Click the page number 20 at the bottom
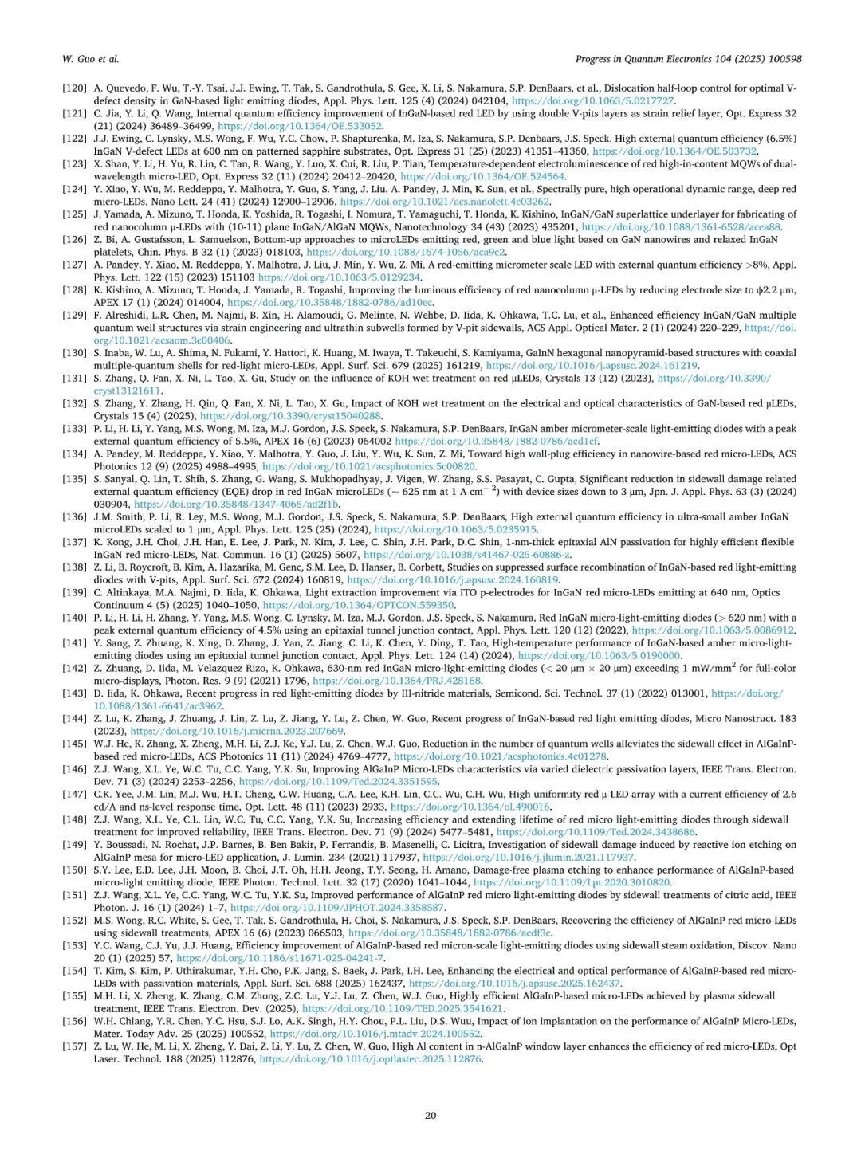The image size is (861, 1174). pyautogui.click(x=431, y=1115)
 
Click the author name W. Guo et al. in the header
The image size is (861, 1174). pyautogui.click(x=89, y=59)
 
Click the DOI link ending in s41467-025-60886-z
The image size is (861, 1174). pyautogui.click(x=467, y=555)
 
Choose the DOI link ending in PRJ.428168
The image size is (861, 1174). pyautogui.click(x=397, y=681)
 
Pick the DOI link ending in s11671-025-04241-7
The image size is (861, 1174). pyautogui.click(x=280, y=957)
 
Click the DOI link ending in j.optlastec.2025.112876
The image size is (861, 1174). pyautogui.click(x=371, y=1058)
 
